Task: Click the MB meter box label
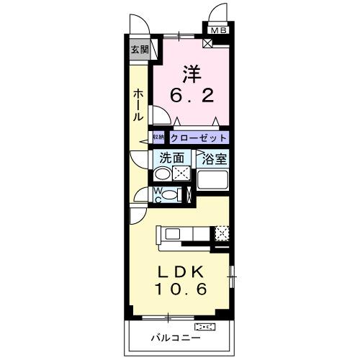pos(217,30)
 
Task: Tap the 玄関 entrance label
pos(140,50)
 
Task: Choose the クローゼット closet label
pos(199,138)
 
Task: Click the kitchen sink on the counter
pos(175,233)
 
